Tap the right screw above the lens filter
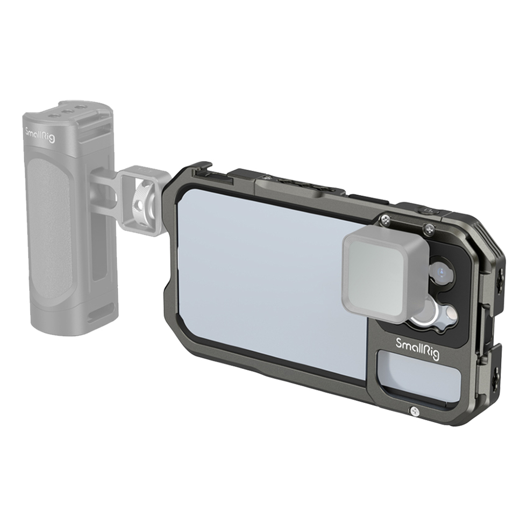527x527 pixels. (x=428, y=230)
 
